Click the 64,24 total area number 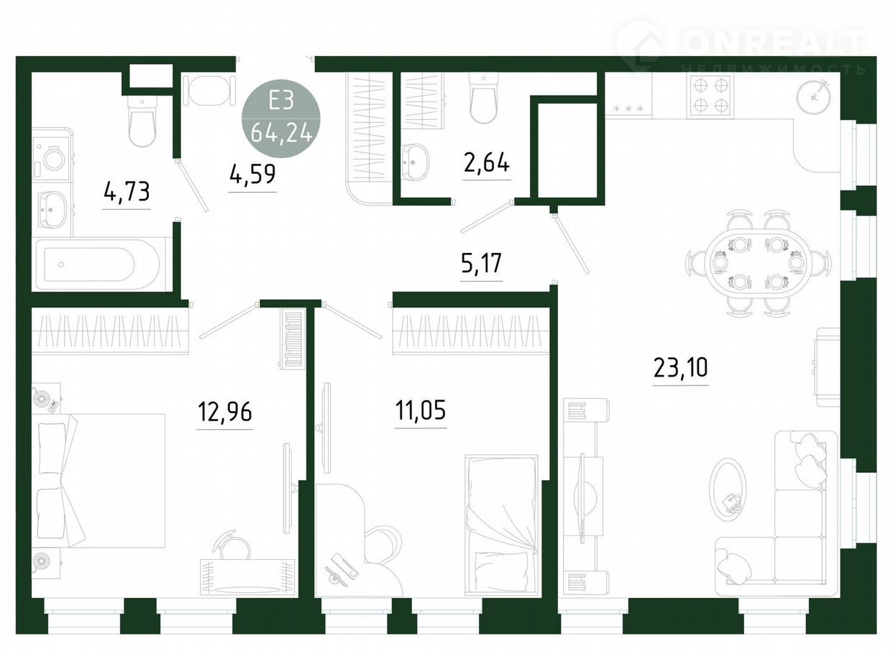[281, 133]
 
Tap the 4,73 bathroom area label [127, 191]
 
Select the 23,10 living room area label [680, 367]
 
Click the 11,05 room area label [420, 410]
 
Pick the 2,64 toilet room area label [486, 163]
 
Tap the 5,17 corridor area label [481, 264]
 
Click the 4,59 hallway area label [252, 175]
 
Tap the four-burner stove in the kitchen [710, 96]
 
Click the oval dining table [758, 263]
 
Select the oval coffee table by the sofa [727, 494]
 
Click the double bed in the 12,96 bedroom [99, 481]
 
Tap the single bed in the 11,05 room [501, 524]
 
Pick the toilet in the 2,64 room [484, 97]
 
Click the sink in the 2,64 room [415, 161]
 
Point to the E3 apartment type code [281, 100]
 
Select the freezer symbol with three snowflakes [628, 109]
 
